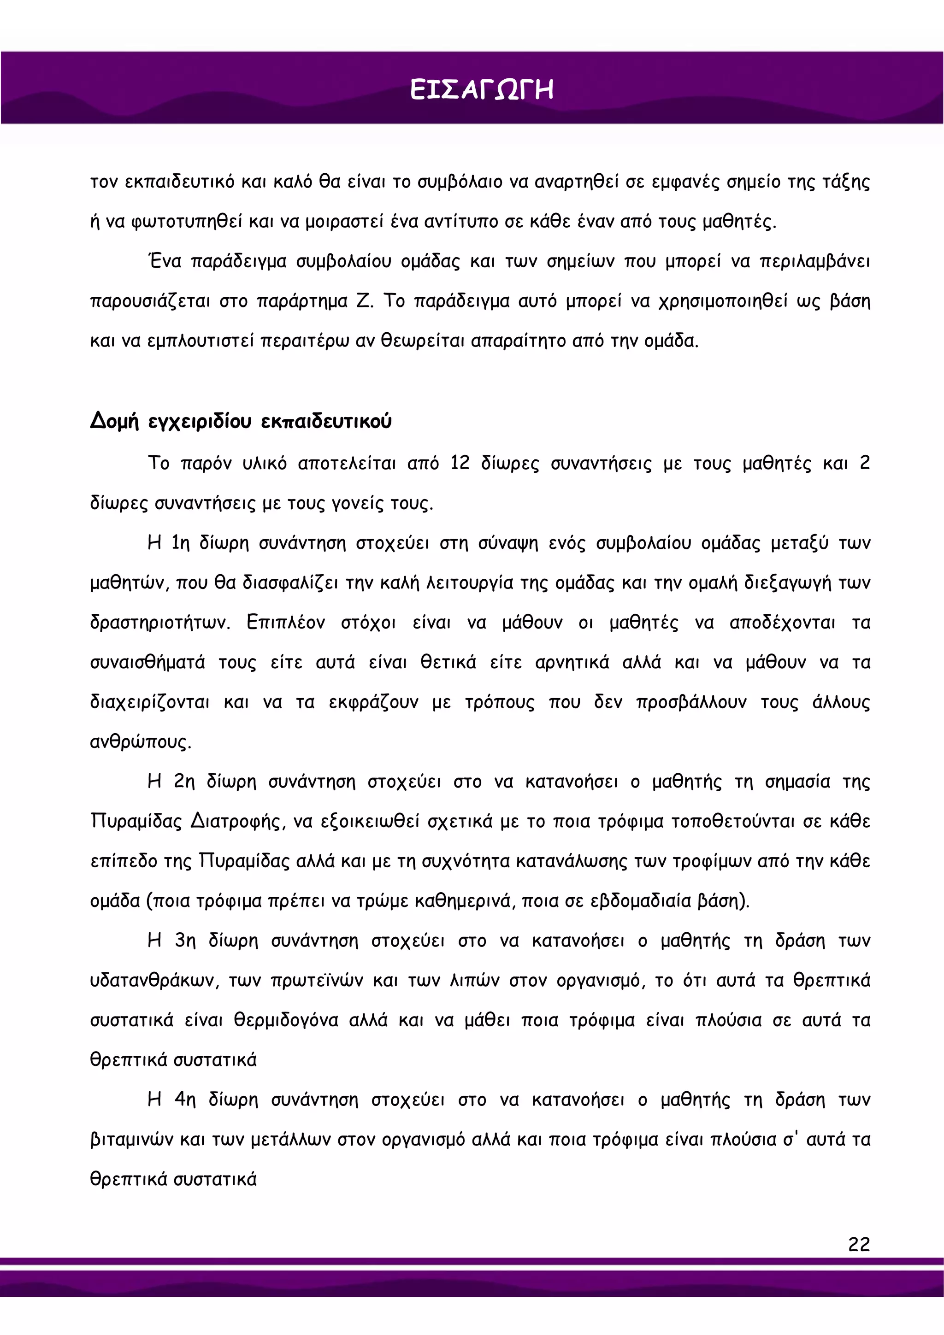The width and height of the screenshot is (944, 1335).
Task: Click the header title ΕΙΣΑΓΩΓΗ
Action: tap(481, 91)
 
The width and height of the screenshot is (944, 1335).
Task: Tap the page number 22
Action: tap(859, 1244)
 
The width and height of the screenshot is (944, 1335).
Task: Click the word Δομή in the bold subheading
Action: tap(115, 422)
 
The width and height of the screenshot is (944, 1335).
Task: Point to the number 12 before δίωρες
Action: tap(460, 464)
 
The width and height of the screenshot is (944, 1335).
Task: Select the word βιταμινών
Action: tap(131, 1140)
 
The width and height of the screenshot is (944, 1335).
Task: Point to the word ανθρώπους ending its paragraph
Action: tap(140, 742)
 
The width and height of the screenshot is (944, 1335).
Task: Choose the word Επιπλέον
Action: tap(286, 623)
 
